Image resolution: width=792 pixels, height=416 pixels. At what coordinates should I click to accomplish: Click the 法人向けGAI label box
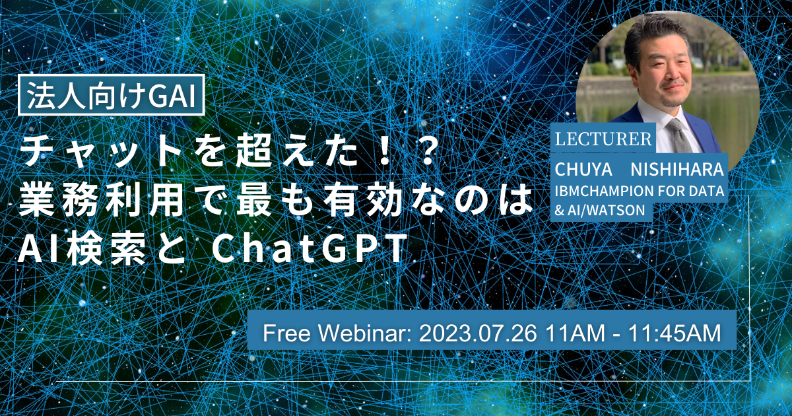click(112, 95)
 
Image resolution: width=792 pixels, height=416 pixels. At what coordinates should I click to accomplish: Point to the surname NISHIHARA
click(677, 170)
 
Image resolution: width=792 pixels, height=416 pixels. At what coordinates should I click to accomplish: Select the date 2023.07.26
click(478, 333)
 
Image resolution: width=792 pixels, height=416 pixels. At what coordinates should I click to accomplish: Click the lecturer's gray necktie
click(678, 135)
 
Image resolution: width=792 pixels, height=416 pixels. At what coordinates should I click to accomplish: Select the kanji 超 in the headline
click(251, 152)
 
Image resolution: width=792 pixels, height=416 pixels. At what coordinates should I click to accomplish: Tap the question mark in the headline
click(423, 152)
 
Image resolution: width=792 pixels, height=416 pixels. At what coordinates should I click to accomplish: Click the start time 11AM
click(576, 333)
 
